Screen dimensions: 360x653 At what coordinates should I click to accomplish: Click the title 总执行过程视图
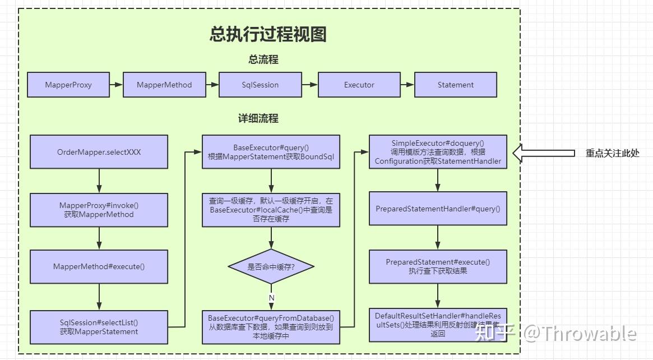268,35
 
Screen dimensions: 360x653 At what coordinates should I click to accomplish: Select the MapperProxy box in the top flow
68,85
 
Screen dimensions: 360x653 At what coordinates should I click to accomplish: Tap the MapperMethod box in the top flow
164,85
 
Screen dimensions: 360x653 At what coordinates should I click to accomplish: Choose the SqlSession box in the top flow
260,85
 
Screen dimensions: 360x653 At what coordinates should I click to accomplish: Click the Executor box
359,85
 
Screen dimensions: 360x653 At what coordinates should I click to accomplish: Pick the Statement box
455,85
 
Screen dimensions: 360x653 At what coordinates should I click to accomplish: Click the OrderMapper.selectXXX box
99,152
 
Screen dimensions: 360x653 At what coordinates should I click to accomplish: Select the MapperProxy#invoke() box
99,210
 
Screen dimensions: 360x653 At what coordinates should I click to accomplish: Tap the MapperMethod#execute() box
99,266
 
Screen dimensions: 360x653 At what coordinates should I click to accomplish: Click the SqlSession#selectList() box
99,327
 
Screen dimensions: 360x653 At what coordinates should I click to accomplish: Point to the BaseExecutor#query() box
271,152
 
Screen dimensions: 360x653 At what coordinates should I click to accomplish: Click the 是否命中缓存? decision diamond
271,267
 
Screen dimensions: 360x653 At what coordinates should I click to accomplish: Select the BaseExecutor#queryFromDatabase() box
271,327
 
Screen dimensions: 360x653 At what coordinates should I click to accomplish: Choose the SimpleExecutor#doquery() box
438,152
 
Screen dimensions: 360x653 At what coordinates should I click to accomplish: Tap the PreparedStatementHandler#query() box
438,209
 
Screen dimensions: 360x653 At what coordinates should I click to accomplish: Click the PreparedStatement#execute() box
438,266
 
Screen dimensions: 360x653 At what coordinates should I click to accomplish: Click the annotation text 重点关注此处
612,153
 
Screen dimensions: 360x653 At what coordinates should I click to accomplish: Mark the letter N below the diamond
271,297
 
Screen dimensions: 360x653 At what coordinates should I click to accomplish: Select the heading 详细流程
258,119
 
